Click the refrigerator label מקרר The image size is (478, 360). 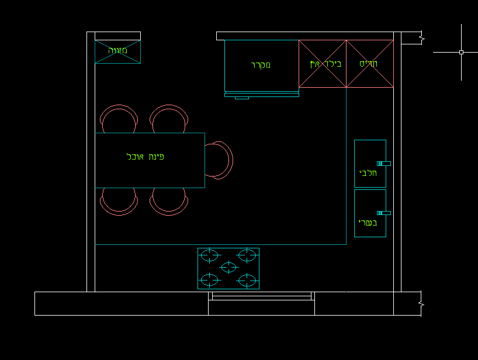[261, 65]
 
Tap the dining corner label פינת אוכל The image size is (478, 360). [146, 157]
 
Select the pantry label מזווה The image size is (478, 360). [117, 50]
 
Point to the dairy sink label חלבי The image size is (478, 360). [368, 173]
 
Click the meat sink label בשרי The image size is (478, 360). [368, 223]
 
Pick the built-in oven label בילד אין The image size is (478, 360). [325, 64]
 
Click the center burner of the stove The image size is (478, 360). [228, 267]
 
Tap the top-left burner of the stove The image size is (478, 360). [209, 255]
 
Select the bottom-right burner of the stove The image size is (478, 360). [247, 281]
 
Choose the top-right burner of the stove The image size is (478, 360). [247, 255]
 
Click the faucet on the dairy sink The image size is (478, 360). [384, 164]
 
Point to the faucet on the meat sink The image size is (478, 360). [384, 213]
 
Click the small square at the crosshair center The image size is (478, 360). [461, 53]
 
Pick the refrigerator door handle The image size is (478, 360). [242, 98]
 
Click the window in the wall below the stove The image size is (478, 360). [262, 296]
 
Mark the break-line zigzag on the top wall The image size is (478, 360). [422, 39]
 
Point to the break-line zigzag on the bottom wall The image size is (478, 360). [421, 304]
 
